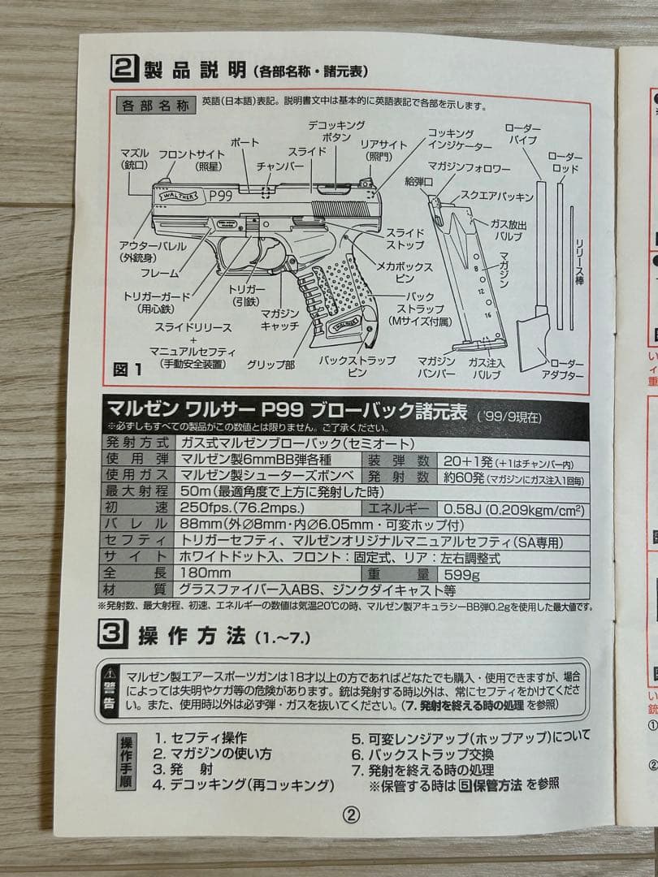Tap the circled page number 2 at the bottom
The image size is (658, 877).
tap(351, 816)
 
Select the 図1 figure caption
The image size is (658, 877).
tap(128, 369)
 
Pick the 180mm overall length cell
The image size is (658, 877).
tap(201, 573)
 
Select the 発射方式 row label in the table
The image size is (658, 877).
tap(136, 443)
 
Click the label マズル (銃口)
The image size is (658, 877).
tap(133, 158)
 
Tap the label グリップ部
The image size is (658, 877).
tap(271, 365)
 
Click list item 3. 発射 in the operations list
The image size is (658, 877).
tap(183, 768)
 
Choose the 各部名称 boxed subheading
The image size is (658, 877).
tap(154, 106)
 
